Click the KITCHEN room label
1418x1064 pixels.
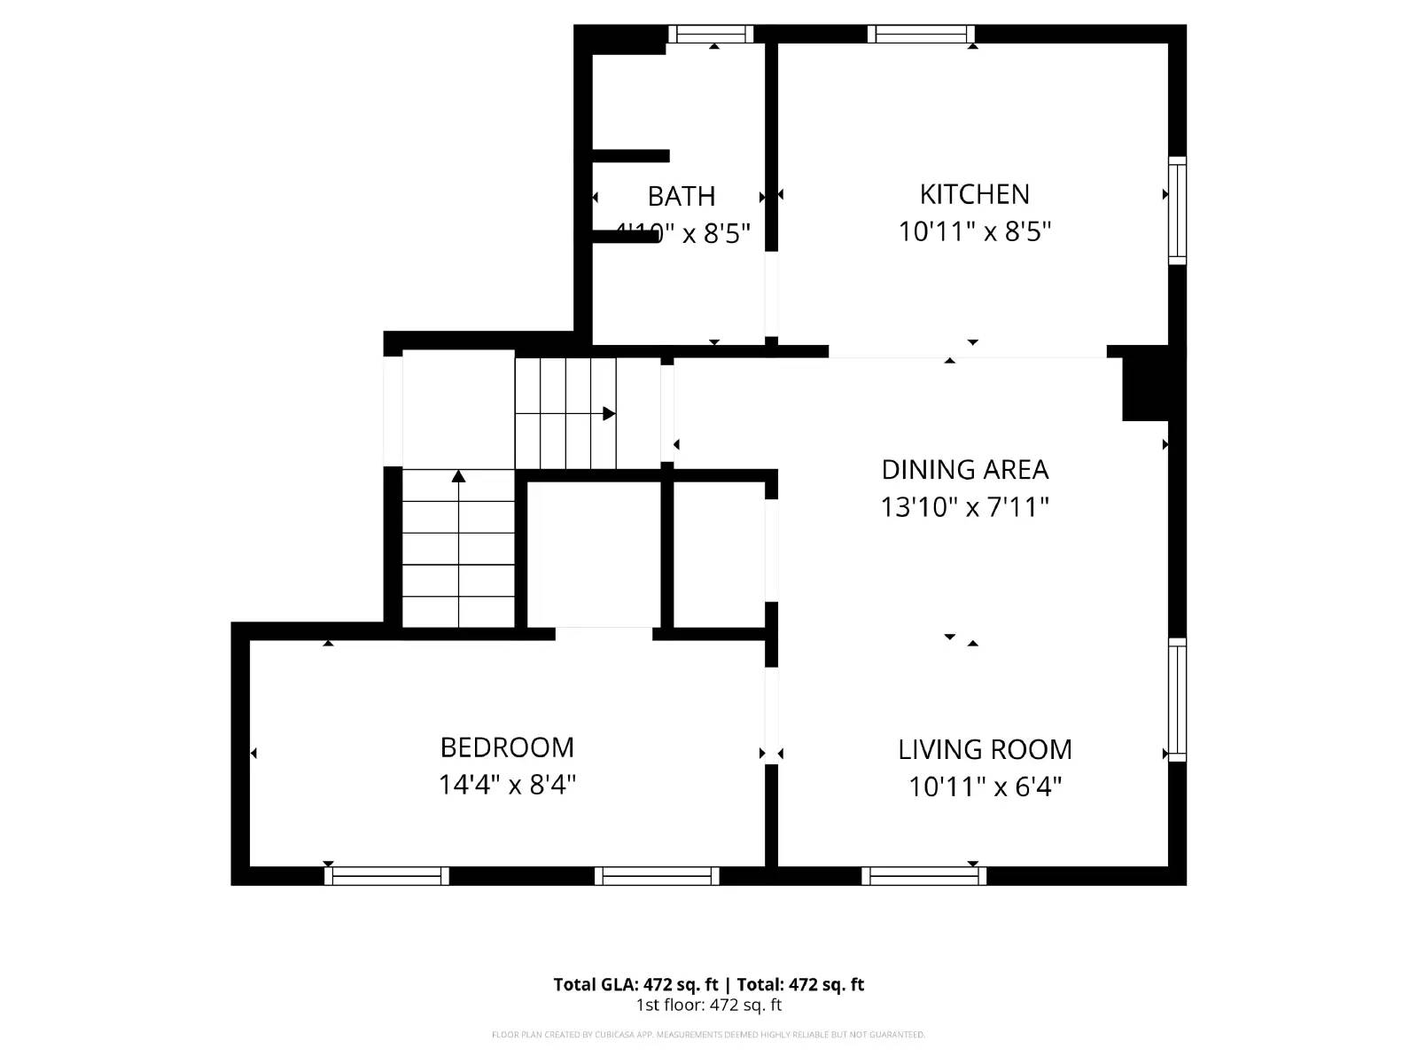[x=974, y=194]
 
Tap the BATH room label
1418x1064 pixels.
[x=681, y=196]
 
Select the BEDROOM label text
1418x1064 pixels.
[x=507, y=747]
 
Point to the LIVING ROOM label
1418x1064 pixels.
[x=985, y=750]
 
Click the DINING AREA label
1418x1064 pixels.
[x=964, y=469]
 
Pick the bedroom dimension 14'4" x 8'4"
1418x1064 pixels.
[x=507, y=785]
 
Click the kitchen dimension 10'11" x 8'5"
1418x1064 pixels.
[x=974, y=231]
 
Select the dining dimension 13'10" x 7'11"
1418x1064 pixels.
[x=964, y=507]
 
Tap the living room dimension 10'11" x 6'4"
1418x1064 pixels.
[x=985, y=786]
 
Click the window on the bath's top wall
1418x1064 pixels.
[x=711, y=35]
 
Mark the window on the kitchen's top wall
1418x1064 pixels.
[x=921, y=35]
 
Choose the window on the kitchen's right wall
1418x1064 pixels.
[x=1177, y=210]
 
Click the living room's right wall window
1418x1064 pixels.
[x=1177, y=700]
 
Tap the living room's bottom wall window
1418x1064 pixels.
[x=923, y=876]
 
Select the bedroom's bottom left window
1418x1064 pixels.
[x=386, y=876]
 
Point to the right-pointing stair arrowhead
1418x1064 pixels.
[x=609, y=414]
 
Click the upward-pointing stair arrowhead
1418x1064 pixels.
[x=458, y=477]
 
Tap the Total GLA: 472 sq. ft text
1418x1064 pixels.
[x=635, y=984]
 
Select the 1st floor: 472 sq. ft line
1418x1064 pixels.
[x=708, y=1005]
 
